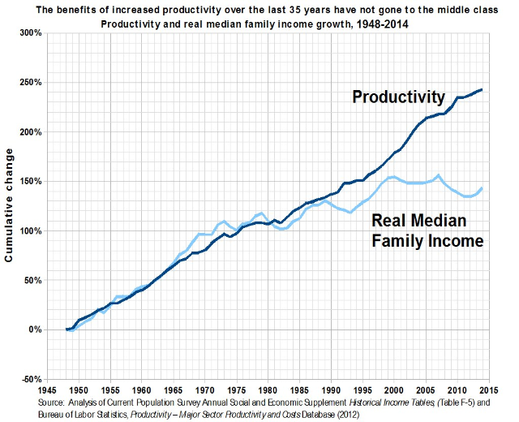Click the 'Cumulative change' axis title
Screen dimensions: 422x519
coord(11,205)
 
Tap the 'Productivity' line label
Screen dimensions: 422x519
coord(398,97)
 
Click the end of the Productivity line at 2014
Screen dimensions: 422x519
coord(483,89)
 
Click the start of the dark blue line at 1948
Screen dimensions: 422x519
coord(66,329)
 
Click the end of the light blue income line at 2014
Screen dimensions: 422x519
coord(483,188)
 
